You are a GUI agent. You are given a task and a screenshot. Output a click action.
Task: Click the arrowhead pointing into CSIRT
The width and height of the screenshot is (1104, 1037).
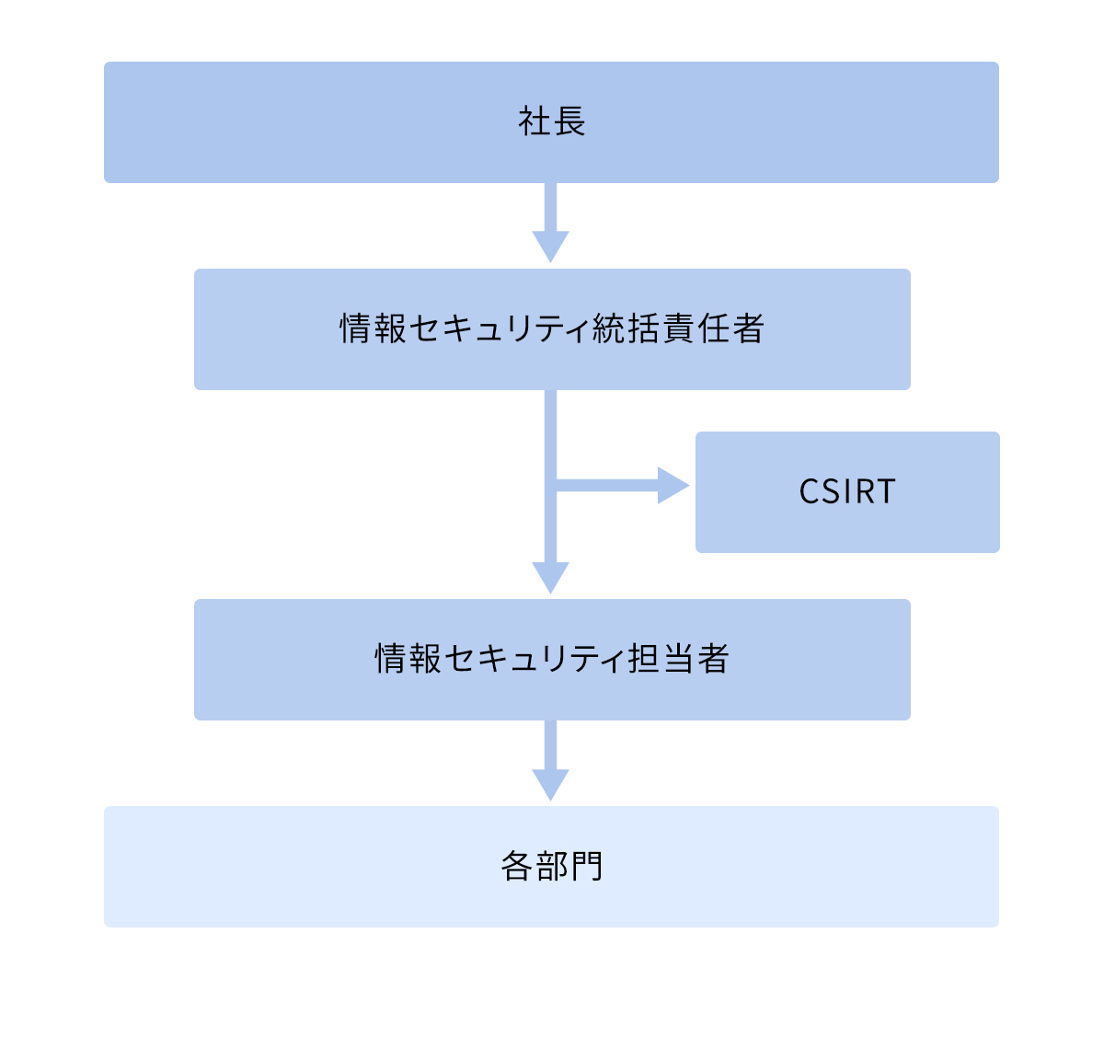(673, 485)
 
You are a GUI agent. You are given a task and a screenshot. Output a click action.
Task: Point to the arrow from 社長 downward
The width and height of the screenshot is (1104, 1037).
(551, 221)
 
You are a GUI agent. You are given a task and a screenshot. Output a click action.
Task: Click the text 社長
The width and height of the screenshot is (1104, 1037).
(552, 122)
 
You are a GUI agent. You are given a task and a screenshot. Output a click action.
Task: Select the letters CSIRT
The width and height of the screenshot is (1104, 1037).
(846, 492)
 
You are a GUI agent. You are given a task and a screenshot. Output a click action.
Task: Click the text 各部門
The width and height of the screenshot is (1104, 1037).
(552, 867)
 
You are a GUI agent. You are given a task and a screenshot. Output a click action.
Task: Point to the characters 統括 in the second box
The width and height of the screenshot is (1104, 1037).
(626, 329)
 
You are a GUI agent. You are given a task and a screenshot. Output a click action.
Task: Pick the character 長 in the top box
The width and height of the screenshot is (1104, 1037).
(569, 122)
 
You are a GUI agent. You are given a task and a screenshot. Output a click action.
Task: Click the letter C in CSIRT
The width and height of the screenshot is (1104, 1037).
(809, 492)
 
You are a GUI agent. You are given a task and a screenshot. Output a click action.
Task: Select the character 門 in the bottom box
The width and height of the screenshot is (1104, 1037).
(586, 867)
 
